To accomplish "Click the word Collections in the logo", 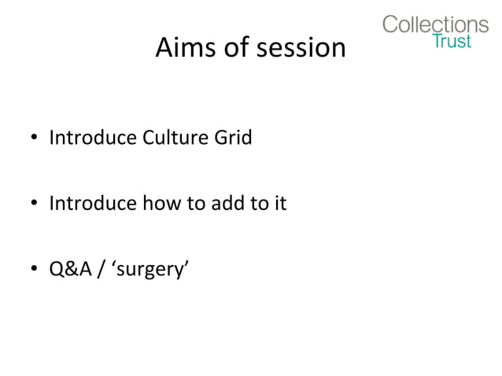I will pyautogui.click(x=435, y=24).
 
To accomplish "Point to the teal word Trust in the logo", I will pyautogui.click(x=452, y=41).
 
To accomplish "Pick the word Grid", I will pyautogui.click(x=232, y=138).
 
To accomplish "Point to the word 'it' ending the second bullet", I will pyautogui.click(x=280, y=205).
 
